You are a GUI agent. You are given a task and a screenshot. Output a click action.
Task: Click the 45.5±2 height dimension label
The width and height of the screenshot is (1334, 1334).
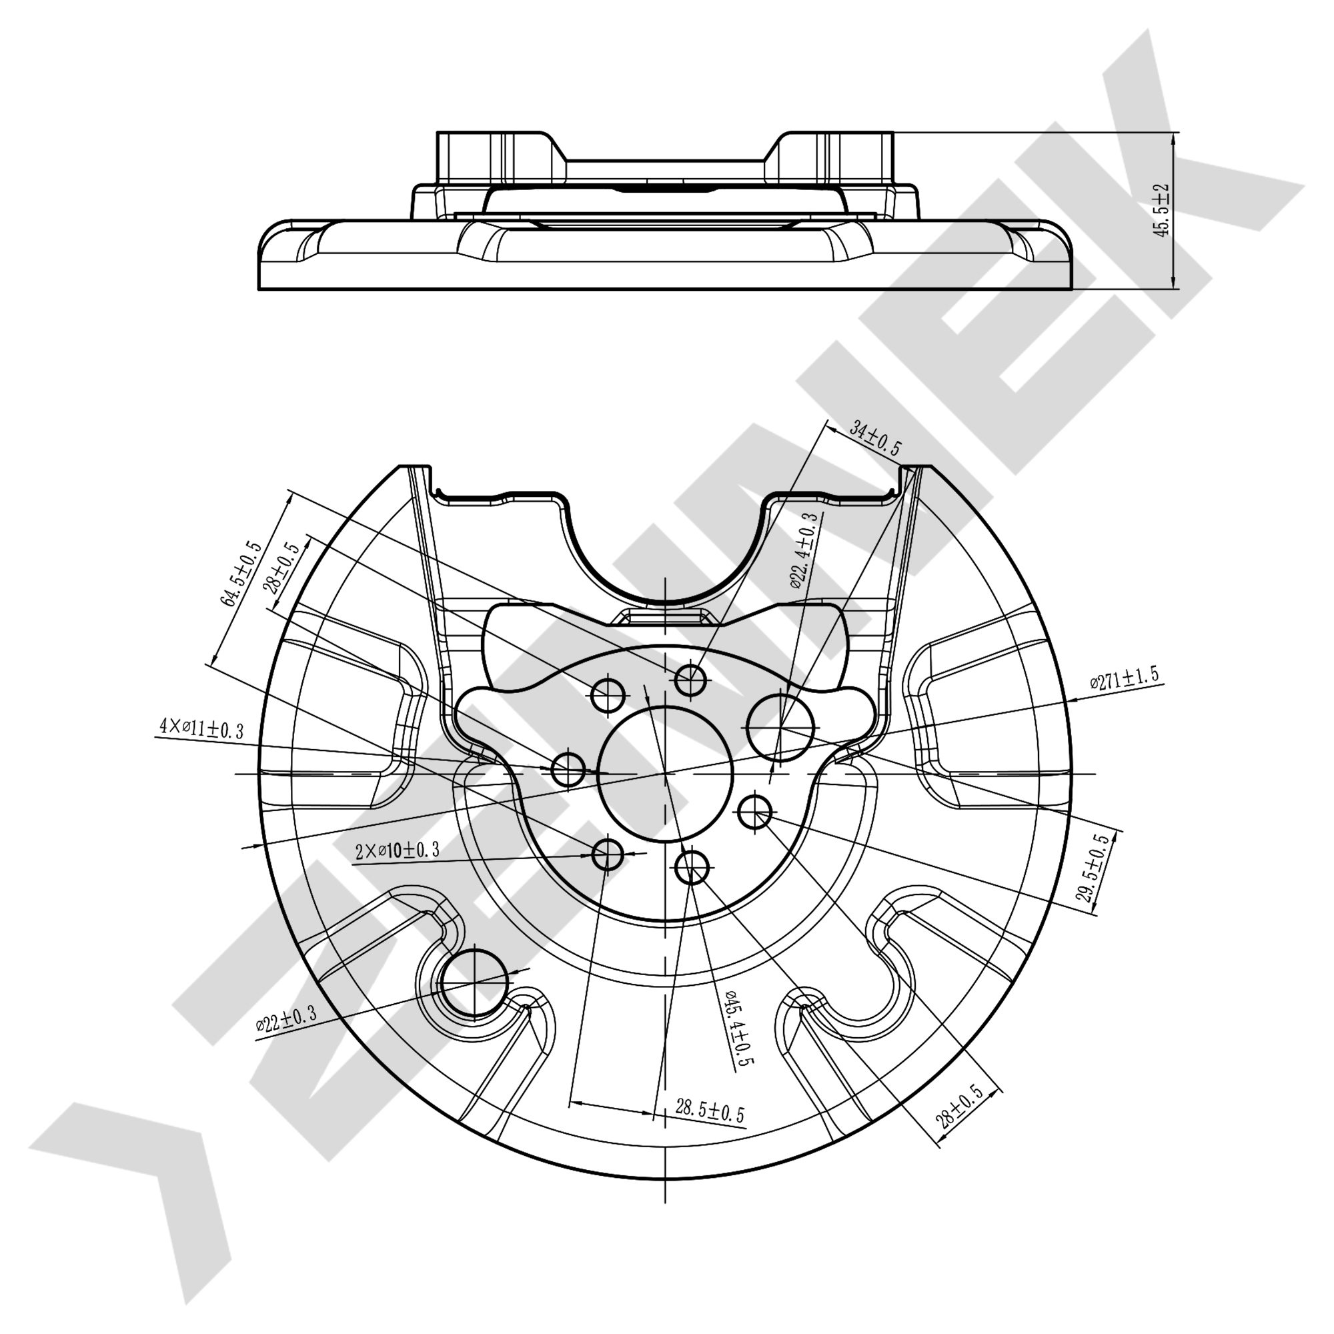pyautogui.click(x=1162, y=211)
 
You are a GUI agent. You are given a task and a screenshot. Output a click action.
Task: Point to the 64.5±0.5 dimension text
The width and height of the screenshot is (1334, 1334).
pyautogui.click(x=241, y=574)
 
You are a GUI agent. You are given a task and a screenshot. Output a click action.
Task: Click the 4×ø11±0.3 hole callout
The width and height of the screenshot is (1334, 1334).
pyautogui.click(x=201, y=728)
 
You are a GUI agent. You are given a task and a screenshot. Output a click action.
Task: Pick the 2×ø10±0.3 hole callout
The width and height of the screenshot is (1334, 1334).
pyautogui.click(x=397, y=850)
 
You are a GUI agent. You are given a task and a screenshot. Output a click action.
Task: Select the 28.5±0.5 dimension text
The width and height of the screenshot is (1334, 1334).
pyautogui.click(x=710, y=1111)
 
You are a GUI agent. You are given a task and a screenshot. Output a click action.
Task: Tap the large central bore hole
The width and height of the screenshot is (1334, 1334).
pyautogui.click(x=665, y=773)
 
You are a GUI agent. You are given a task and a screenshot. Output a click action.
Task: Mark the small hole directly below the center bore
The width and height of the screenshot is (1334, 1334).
pyautogui.click(x=692, y=868)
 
